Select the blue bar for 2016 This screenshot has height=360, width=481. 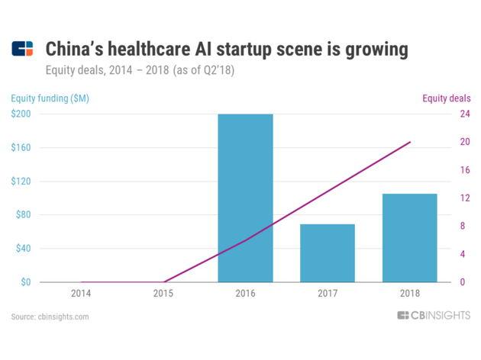(x=245, y=198)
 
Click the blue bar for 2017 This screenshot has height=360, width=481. (x=328, y=253)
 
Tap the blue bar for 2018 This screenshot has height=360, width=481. (x=409, y=238)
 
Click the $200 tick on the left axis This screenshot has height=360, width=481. (x=21, y=114)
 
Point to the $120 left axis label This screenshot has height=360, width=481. (x=21, y=181)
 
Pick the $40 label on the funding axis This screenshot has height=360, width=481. (x=24, y=248)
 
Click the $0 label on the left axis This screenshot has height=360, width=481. (x=26, y=282)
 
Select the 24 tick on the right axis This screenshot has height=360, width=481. (x=465, y=114)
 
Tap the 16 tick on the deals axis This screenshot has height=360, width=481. (x=465, y=170)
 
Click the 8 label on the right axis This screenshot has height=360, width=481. (x=463, y=226)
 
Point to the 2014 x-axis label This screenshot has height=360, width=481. (x=81, y=294)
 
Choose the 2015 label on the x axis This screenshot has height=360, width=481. (x=163, y=294)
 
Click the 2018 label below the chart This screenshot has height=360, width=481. (x=410, y=294)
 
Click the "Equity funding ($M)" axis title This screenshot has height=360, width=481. (x=50, y=98)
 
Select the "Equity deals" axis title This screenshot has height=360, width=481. (x=447, y=98)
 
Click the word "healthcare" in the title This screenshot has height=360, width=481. (x=149, y=49)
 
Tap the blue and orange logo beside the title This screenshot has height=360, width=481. (x=22, y=49)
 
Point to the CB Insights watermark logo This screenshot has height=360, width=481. (x=434, y=315)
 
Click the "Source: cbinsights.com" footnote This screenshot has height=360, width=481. (x=50, y=317)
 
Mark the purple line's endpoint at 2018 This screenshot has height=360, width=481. (x=410, y=142)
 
